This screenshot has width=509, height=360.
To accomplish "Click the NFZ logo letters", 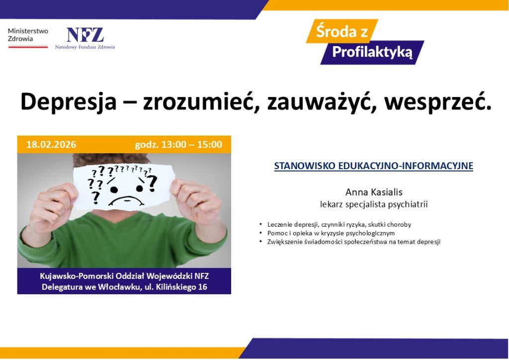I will tap(85, 35).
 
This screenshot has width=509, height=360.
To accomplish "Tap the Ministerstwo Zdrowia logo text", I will tap(28, 34).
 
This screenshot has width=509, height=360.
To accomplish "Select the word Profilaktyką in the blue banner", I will tap(372, 52).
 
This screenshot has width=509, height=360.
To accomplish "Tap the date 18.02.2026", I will tap(51, 145).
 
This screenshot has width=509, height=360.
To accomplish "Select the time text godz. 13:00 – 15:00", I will tap(178, 145).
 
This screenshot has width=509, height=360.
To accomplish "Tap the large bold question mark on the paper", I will tap(151, 182).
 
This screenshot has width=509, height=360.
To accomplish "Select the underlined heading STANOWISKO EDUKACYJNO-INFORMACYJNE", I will tap(373, 166).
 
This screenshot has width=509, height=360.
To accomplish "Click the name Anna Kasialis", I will tap(373, 192).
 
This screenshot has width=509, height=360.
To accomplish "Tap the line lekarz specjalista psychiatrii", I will tap(374, 204).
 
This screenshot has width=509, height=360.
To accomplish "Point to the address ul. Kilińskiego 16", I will tap(180, 287).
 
